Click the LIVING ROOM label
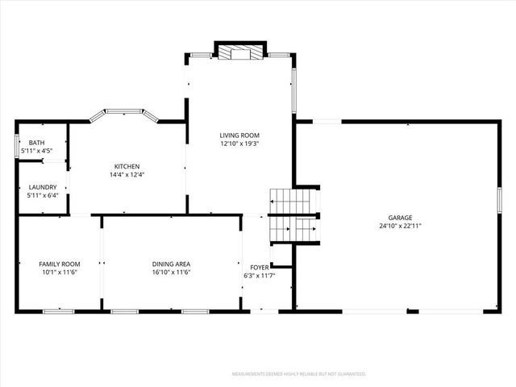tap(239, 135)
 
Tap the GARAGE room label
tap(401, 218)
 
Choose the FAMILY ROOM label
tap(60, 264)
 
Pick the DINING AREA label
tap(171, 264)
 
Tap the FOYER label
tap(259, 268)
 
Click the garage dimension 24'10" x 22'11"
tap(401, 227)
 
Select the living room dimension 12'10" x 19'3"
tap(239, 144)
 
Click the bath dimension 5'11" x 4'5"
tap(37, 151)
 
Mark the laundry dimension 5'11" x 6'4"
tap(42, 195)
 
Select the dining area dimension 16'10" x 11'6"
tap(171, 273)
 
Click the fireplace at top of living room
tap(239, 52)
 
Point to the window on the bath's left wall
tap(17, 148)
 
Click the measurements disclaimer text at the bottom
tap(298, 374)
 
